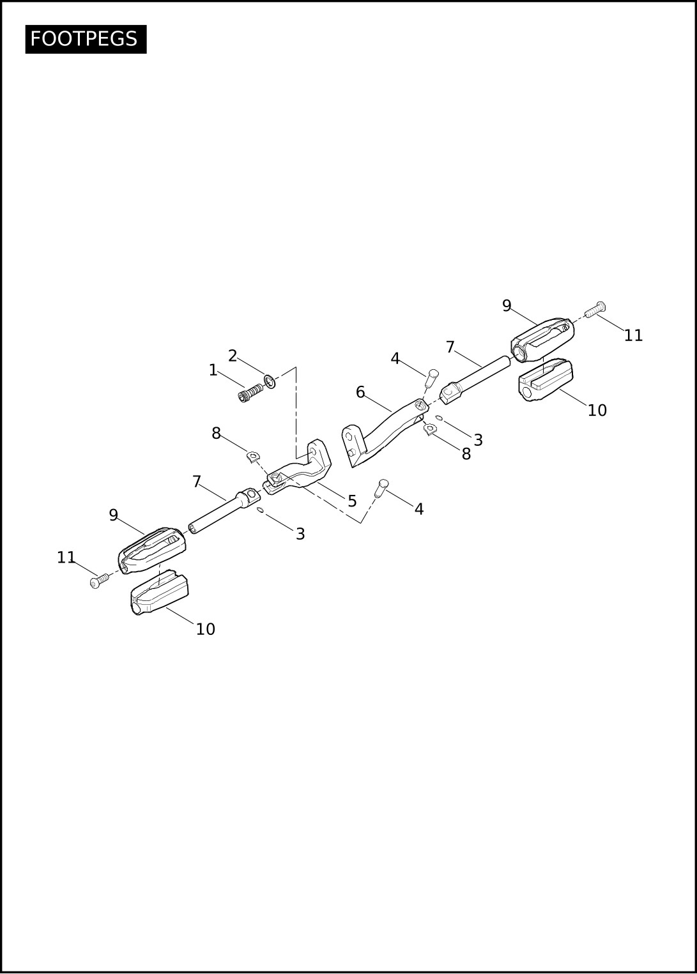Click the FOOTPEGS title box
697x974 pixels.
pyautogui.click(x=86, y=39)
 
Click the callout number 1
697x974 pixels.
pyautogui.click(x=213, y=370)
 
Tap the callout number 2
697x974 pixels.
pyautogui.click(x=233, y=356)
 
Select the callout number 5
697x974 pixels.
pyautogui.click(x=352, y=501)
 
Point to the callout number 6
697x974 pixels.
pyautogui.click(x=360, y=392)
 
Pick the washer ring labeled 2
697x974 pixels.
pyautogui.click(x=270, y=381)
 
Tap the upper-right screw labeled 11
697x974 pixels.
pyautogui.click(x=595, y=309)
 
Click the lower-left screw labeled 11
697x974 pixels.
pyautogui.click(x=100, y=581)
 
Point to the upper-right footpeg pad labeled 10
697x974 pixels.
pyautogui.click(x=546, y=379)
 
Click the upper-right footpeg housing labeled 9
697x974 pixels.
pyautogui.click(x=542, y=340)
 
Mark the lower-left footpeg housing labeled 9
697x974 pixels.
pyautogui.click(x=152, y=551)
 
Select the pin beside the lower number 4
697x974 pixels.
pyautogui.click(x=381, y=488)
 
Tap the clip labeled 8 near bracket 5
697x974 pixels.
pyautogui.click(x=253, y=457)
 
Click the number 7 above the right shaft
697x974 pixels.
pyautogui.click(x=450, y=347)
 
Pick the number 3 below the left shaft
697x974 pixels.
pyautogui.click(x=300, y=534)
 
